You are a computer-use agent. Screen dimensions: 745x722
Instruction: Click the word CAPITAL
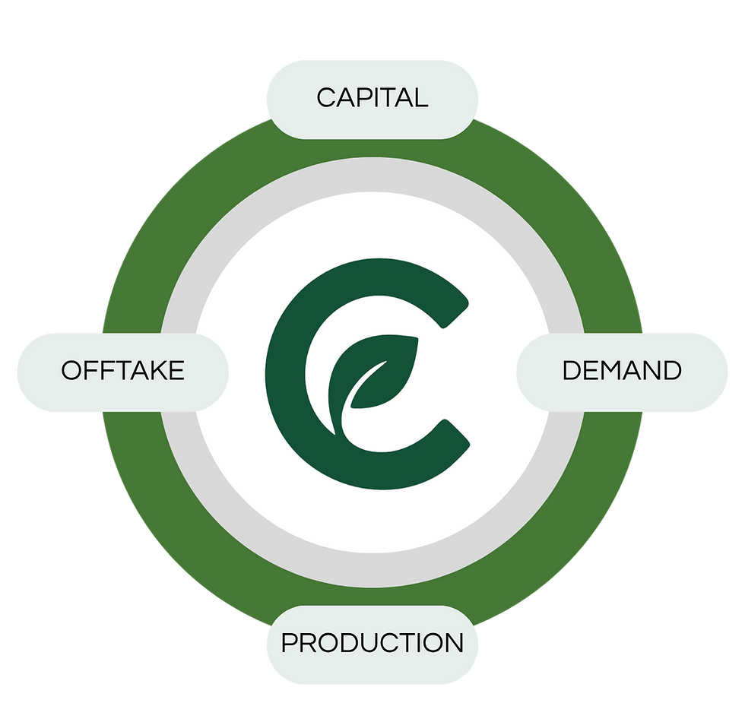(x=372, y=98)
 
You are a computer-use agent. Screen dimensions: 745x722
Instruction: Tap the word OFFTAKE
(x=122, y=371)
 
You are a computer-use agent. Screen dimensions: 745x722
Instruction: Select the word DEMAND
(x=622, y=371)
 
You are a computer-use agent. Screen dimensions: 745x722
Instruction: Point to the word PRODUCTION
(x=372, y=643)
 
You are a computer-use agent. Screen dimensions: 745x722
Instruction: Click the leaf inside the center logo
(x=376, y=375)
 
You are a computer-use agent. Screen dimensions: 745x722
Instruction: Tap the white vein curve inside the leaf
(x=366, y=385)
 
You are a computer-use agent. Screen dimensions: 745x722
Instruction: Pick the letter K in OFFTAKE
(x=155, y=371)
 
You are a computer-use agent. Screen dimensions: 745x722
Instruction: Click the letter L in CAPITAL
(x=419, y=98)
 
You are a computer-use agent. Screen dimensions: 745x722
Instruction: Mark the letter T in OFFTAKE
(x=120, y=371)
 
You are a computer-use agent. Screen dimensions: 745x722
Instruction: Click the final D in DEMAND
(x=671, y=371)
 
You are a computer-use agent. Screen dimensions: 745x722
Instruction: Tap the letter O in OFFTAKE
(x=71, y=371)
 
